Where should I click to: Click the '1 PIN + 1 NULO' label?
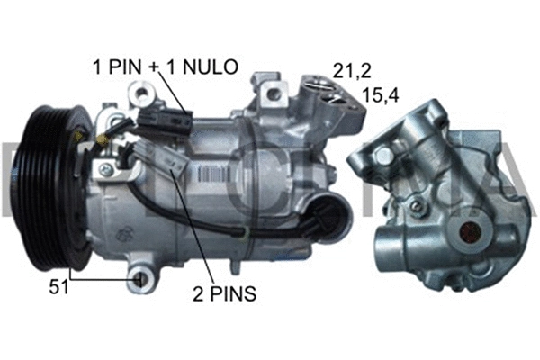click(165, 65)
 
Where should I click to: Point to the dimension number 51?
click(58, 287)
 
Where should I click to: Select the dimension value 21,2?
click(351, 69)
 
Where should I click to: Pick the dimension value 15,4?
click(379, 94)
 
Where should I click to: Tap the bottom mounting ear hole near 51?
click(140, 280)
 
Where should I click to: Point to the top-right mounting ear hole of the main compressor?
click(272, 87)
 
